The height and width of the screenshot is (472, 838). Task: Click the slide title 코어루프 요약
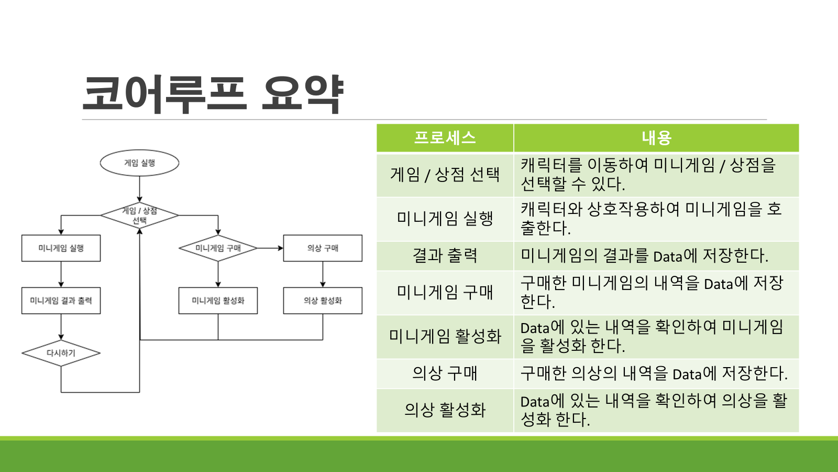[213, 94]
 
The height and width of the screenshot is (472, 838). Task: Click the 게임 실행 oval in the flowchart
[139, 163]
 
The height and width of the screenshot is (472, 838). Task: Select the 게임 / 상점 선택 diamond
[139, 216]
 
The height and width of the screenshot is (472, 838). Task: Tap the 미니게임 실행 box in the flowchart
[61, 248]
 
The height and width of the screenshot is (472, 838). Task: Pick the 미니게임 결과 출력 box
[61, 301]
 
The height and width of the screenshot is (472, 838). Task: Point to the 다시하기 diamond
[61, 353]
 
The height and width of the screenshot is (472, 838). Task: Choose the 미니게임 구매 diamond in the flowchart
[218, 248]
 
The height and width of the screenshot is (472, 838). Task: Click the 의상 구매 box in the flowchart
[323, 248]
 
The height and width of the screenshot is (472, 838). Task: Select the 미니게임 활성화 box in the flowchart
[218, 301]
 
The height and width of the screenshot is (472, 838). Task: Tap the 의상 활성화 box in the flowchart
[323, 301]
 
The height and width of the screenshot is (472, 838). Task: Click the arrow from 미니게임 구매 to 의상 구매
[270, 248]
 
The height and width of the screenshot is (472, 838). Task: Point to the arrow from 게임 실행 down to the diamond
[139, 189]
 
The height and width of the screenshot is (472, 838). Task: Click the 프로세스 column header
[445, 138]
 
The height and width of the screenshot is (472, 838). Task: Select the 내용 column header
[656, 138]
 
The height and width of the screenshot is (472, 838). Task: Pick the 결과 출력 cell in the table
[445, 255]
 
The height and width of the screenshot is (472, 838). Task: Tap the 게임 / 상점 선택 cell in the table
[445, 175]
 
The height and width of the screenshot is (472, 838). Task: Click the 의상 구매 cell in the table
[445, 373]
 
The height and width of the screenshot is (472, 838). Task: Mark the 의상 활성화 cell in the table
[445, 410]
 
